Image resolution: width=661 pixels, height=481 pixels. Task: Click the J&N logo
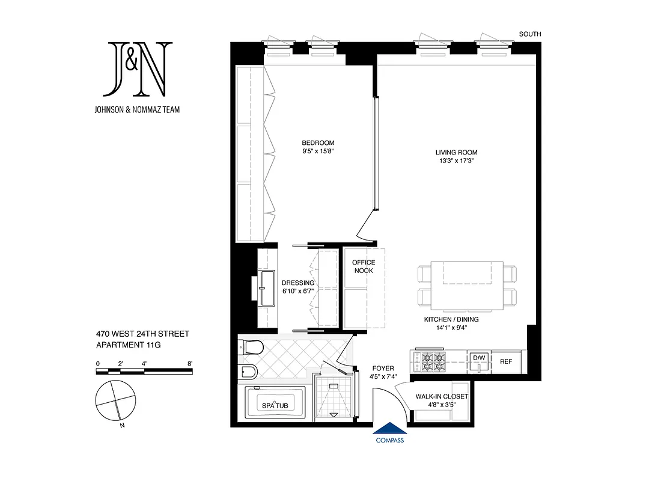click(x=138, y=69)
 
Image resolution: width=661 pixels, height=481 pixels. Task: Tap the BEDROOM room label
click(x=318, y=147)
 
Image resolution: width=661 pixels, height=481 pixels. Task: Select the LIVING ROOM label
click(x=457, y=156)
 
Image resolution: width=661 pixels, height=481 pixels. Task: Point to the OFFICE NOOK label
click(x=363, y=266)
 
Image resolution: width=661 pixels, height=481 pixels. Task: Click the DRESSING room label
click(x=297, y=287)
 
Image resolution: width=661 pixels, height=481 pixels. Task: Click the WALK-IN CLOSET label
click(x=441, y=400)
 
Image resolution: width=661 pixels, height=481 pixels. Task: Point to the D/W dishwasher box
click(x=479, y=358)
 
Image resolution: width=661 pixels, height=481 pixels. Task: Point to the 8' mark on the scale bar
click(x=190, y=364)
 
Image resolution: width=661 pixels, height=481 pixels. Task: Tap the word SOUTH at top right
click(x=530, y=34)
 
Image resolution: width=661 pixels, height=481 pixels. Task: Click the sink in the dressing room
click(x=267, y=287)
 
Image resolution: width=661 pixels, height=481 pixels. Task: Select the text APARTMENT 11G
click(x=129, y=345)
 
